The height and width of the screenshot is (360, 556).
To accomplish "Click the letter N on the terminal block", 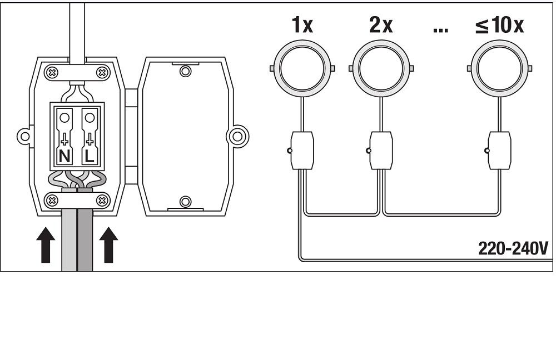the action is (64, 156).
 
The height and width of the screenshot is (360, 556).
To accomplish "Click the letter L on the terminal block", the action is (90, 156).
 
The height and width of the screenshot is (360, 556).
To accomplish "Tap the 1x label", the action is (302, 25).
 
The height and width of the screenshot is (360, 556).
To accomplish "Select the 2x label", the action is (381, 25).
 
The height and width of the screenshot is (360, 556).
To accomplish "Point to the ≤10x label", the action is (499, 25).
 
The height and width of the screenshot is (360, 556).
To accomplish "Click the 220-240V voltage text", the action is (513, 248).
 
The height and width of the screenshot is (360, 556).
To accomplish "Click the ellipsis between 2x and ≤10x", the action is (440, 30).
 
